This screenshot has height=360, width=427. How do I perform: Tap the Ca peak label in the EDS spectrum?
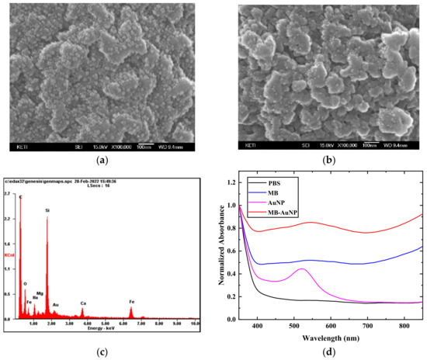point(83,303)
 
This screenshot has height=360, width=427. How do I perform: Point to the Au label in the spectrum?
point(55,306)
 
